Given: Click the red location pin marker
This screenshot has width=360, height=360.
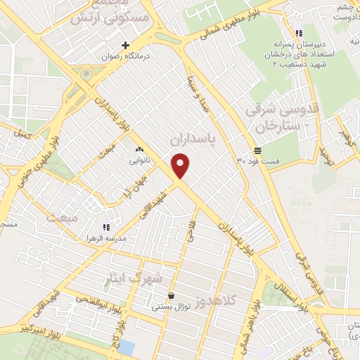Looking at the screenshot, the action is pos(181,165).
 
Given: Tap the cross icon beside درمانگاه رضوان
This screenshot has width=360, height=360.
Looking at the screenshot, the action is pos(126,45).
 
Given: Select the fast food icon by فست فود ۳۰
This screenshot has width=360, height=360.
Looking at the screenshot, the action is pos(258,150).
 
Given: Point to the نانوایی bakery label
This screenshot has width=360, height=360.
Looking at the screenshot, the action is pos(138,160).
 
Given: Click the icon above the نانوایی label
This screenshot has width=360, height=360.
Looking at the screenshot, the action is pos(139,149).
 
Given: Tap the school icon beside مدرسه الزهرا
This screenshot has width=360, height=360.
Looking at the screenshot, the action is pos(106,227).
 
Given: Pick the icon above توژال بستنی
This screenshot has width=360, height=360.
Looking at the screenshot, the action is pos(172,295).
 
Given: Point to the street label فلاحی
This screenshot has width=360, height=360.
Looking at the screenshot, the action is pos(189,233).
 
